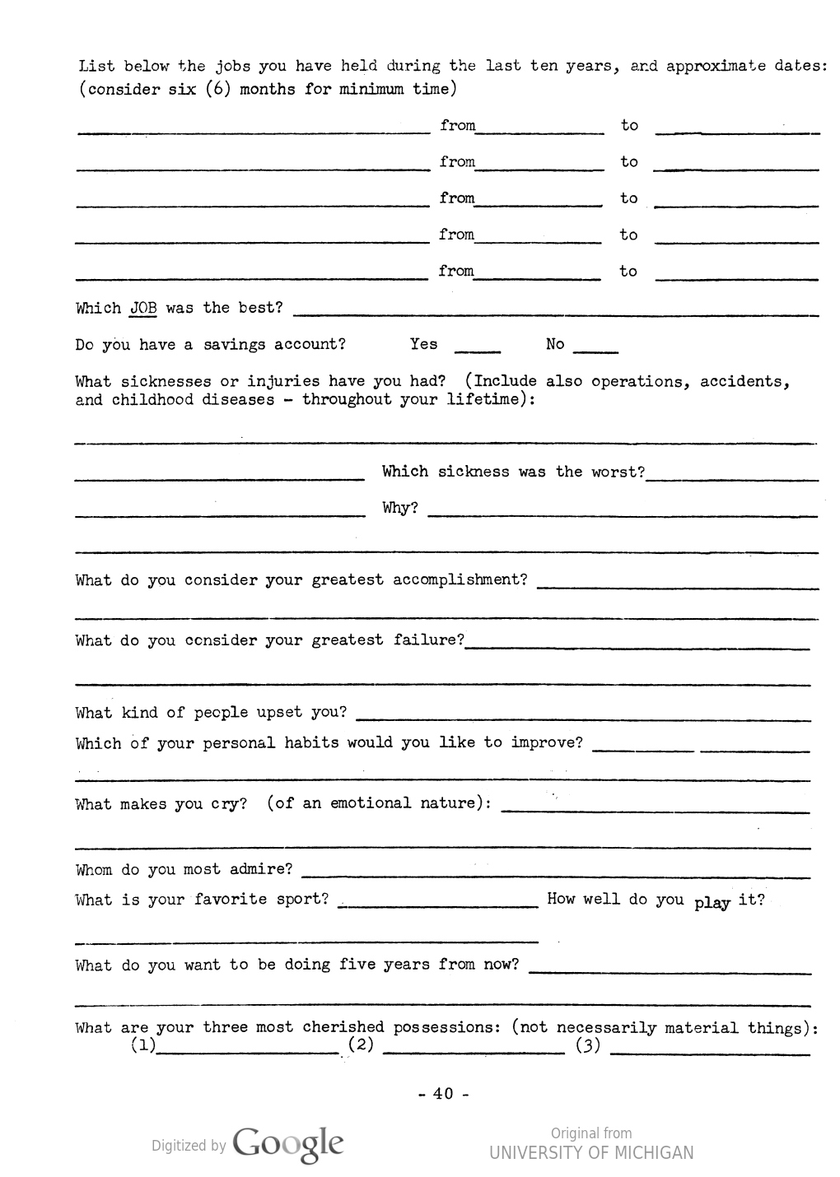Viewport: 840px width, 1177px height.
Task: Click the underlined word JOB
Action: point(143,309)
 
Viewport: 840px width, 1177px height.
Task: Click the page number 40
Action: point(443,1094)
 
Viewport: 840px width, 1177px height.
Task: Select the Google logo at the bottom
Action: point(288,1144)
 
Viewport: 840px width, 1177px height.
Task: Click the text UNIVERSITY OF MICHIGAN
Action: point(591,1153)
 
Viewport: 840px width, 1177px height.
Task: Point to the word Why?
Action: point(400,508)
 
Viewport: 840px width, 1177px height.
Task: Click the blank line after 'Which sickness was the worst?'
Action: point(732,477)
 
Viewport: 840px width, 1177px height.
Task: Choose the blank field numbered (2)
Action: point(474,1051)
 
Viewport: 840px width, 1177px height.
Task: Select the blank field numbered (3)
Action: point(710,1051)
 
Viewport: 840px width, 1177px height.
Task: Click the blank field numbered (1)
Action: point(247,1051)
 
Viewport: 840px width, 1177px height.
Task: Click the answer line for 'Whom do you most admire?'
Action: point(556,874)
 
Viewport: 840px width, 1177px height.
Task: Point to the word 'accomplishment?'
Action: point(460,580)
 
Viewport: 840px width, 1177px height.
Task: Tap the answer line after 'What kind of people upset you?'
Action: point(583,718)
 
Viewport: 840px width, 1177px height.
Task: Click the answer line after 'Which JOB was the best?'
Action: point(556,313)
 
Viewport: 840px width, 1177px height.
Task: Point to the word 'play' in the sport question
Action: point(712,903)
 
